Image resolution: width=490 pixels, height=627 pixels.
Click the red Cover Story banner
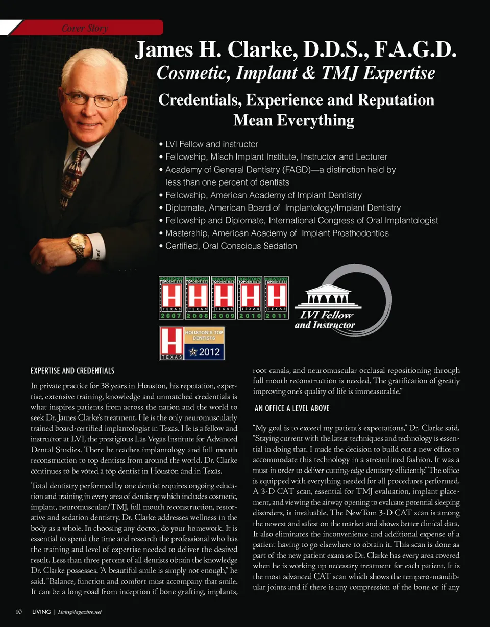tap(87, 28)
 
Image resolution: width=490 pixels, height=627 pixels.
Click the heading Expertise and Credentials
tap(72, 370)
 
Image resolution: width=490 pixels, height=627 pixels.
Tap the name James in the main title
tap(163, 52)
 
